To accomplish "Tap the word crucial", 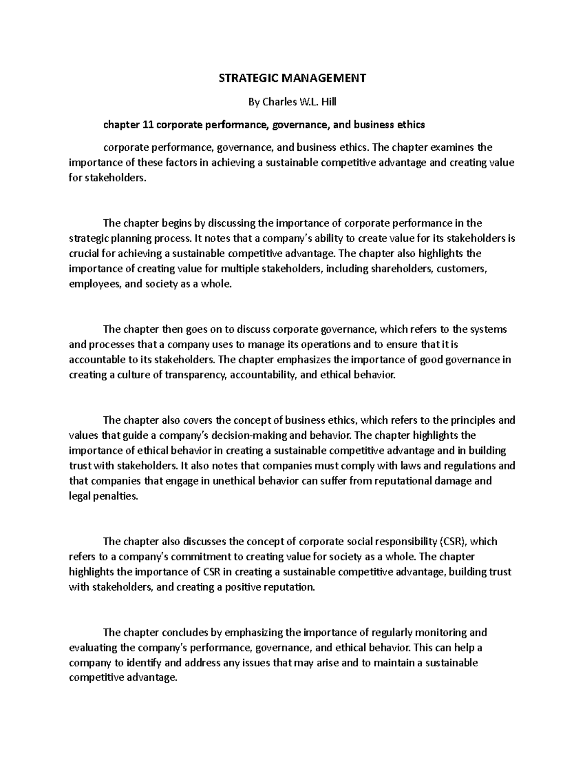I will (83, 253).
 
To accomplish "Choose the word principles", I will (472, 420).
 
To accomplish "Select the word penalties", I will (117, 496).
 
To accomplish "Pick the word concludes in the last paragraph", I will (184, 633).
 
